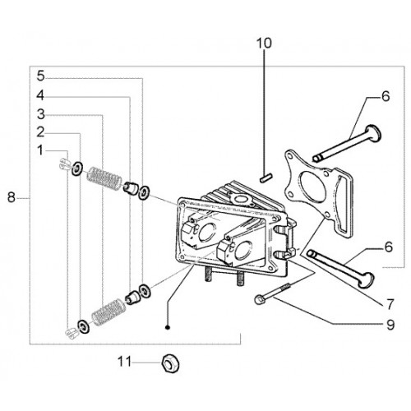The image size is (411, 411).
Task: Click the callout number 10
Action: pyautogui.click(x=264, y=44)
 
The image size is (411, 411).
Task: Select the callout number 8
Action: pyautogui.click(x=12, y=197)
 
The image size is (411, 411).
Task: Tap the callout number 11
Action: pyautogui.click(x=125, y=362)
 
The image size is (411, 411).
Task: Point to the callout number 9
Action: pyautogui.click(x=390, y=325)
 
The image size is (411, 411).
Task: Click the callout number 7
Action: pyautogui.click(x=390, y=303)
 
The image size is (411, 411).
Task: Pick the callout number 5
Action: pyautogui.click(x=40, y=76)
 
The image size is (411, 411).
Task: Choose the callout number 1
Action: pyautogui.click(x=40, y=150)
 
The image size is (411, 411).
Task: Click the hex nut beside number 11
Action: pyautogui.click(x=171, y=363)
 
